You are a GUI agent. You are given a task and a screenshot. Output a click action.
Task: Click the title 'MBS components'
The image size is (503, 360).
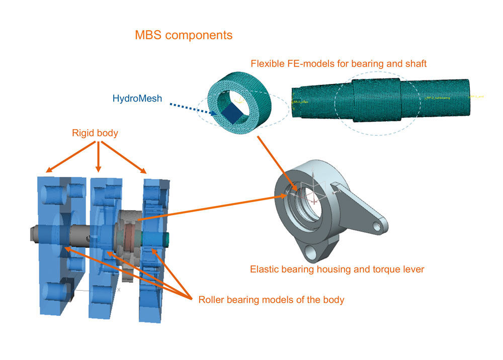click(184, 36)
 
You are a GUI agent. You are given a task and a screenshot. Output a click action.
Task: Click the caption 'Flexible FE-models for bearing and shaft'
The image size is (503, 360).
click(339, 64)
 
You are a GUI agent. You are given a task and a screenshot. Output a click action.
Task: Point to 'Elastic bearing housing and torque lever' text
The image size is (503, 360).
click(337, 269)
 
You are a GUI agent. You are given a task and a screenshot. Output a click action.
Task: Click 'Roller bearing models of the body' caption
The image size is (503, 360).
click(271, 300)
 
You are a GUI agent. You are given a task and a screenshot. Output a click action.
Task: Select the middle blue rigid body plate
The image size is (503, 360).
click(101, 282)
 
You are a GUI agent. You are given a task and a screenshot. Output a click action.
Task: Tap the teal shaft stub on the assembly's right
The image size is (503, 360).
click(166, 238)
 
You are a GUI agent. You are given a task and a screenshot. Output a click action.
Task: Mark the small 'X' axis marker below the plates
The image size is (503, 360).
click(119, 290)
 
